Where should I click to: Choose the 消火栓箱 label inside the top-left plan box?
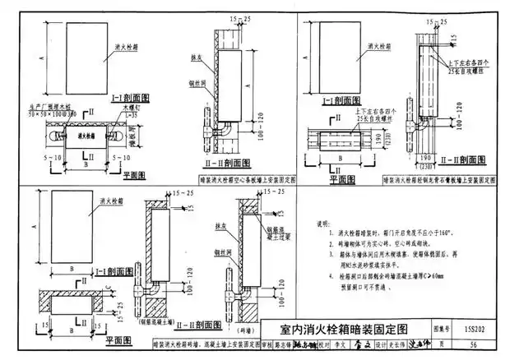coord(78,134)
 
